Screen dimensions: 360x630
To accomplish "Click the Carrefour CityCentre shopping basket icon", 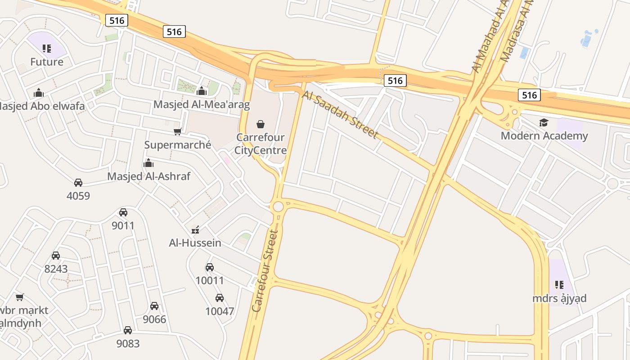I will [260, 124].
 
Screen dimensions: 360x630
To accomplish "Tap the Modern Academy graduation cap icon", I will [544, 122].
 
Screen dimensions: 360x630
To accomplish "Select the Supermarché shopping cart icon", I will [178, 131].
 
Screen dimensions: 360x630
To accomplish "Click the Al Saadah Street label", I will [340, 114].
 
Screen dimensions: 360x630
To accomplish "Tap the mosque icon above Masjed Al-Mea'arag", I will [202, 91].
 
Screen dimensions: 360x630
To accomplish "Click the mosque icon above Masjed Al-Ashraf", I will [148, 163].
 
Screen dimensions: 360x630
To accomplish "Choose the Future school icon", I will [47, 48].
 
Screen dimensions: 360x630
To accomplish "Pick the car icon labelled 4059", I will [78, 183].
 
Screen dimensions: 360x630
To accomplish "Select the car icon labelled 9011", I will [123, 212].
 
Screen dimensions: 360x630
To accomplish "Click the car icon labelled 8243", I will [56, 256].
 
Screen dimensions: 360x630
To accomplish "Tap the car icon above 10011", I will [210, 267].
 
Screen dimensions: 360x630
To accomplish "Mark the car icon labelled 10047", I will [220, 298].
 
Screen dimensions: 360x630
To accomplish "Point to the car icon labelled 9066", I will [154, 306].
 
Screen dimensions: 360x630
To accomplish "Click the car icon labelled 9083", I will [128, 330].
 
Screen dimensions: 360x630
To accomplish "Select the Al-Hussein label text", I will [195, 243].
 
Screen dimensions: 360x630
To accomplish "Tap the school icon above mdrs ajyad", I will [559, 284].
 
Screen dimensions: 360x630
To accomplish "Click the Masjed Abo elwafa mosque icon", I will [39, 93].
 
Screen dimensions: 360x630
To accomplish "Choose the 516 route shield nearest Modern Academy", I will [529, 95].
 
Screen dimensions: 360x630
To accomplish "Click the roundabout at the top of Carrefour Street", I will [278, 207].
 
